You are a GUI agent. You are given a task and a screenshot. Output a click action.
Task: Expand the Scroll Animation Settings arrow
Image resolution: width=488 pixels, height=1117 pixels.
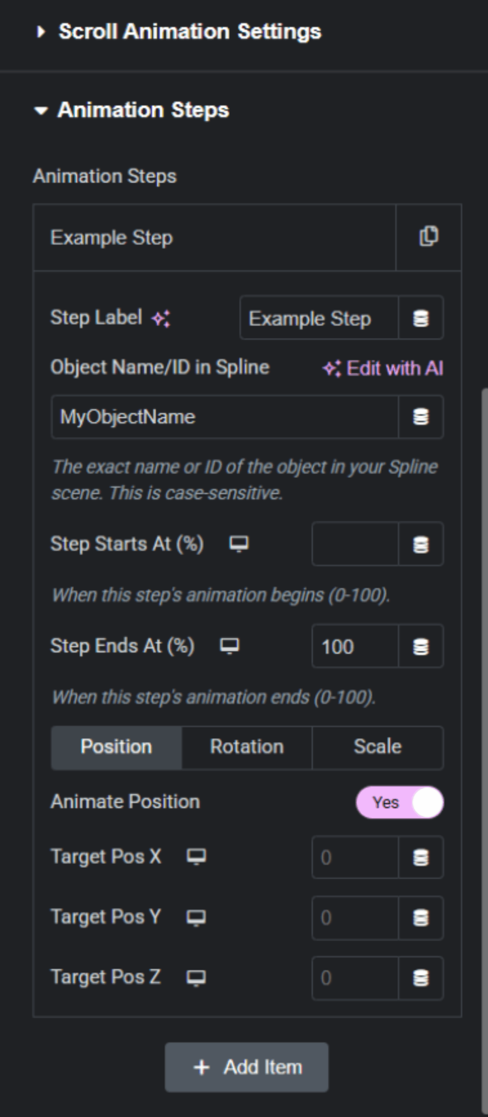pos(41,31)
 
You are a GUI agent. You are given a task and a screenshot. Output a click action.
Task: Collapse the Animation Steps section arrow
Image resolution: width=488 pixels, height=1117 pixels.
pos(41,111)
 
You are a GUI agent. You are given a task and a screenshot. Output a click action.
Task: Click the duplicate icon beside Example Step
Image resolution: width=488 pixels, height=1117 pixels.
pos(429,236)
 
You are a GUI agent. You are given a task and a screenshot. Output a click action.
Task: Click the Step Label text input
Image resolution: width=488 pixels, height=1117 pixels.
pos(319,318)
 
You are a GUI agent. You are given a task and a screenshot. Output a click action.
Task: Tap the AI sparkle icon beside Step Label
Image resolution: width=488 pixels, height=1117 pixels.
pos(161,319)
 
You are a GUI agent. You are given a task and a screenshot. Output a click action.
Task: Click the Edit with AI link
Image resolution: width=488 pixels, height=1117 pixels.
pos(383,368)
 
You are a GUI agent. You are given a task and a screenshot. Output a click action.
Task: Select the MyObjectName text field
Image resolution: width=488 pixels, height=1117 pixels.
pos(225,417)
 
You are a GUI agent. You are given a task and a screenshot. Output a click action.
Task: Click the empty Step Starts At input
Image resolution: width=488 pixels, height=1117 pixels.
pos(355,544)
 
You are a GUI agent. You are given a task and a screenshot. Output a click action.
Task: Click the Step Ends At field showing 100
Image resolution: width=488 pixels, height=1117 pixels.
pos(355,646)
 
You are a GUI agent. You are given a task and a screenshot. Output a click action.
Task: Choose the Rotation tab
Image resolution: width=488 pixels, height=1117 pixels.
pos(247,747)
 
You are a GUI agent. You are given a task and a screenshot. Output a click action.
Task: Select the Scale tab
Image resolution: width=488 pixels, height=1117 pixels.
pos(378,747)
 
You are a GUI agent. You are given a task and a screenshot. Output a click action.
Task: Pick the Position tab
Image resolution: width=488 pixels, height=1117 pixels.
pos(117,747)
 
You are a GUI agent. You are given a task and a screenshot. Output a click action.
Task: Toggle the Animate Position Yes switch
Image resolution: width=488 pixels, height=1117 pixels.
pos(400,802)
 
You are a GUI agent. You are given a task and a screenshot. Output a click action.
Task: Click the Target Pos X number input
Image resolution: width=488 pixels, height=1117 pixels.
pos(355,857)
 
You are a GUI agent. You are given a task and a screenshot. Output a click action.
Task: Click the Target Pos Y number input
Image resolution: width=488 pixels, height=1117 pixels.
pos(355,918)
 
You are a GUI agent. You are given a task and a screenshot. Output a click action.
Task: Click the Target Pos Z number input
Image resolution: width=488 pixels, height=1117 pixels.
pos(355,978)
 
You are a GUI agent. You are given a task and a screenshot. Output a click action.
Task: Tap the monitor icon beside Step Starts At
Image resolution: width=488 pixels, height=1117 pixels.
pos(239,544)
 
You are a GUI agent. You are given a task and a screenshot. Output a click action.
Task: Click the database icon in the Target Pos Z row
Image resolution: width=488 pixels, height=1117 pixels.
pos(421,978)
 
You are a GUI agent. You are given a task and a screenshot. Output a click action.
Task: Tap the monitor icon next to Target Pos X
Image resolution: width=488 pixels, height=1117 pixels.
pos(196,857)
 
